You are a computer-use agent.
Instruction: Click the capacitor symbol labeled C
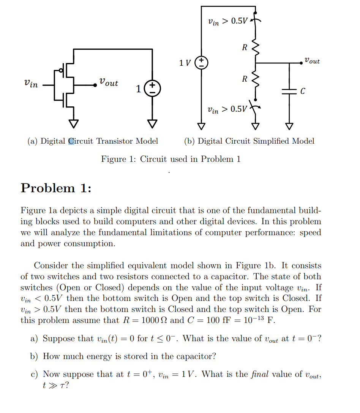pyautogui.click(x=289, y=91)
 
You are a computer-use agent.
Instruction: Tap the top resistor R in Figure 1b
pyautogui.click(x=256, y=48)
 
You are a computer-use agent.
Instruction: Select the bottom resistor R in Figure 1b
pyautogui.click(x=256, y=79)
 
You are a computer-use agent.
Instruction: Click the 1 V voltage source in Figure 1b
pyautogui.click(x=201, y=63)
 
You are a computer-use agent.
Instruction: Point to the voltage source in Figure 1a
pyautogui.click(x=152, y=89)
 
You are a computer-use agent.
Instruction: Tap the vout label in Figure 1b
pyautogui.click(x=312, y=61)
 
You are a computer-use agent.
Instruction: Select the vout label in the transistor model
pyautogui.click(x=109, y=82)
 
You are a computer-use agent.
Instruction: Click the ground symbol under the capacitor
pyautogui.click(x=289, y=125)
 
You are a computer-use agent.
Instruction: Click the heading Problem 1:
pyautogui.click(x=56, y=188)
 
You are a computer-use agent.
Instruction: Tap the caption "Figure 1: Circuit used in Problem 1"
pyautogui.click(x=171, y=159)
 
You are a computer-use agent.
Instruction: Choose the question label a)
pyautogui.click(x=35, y=339)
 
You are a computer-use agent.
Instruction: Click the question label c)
pyautogui.click(x=35, y=375)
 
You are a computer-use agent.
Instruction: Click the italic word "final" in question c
pyautogui.click(x=260, y=374)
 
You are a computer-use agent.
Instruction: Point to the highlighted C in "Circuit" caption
pyautogui.click(x=71, y=141)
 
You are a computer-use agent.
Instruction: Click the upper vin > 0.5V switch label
pyautogui.click(x=227, y=21)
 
